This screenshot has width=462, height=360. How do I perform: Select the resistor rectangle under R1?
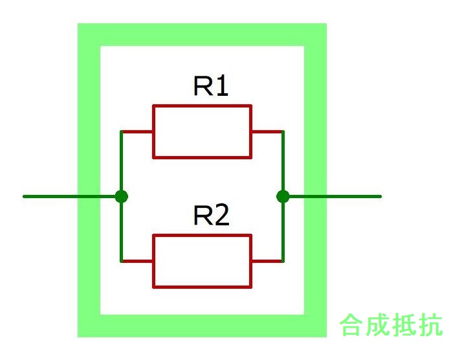tap(202, 131)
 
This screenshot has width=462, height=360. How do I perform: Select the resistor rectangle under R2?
tap(202, 261)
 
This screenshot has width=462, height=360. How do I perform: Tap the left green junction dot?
tap(121, 196)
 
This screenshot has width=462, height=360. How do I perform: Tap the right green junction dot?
tap(283, 196)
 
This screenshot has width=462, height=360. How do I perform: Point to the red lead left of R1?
tap(137, 131)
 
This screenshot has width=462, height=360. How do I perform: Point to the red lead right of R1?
tap(267, 131)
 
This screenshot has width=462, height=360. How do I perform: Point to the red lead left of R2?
tap(137, 261)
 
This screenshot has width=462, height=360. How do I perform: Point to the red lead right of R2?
tap(267, 261)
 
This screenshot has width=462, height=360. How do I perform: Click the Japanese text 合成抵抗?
tap(391, 325)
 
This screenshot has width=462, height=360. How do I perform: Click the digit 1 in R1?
tap(222, 87)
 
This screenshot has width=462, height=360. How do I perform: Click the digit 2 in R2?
tap(222, 216)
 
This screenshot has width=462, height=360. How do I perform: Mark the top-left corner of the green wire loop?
tap(121, 131)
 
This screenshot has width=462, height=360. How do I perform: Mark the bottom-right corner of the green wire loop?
tap(283, 261)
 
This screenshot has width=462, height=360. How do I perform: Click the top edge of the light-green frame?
tap(202, 34)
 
